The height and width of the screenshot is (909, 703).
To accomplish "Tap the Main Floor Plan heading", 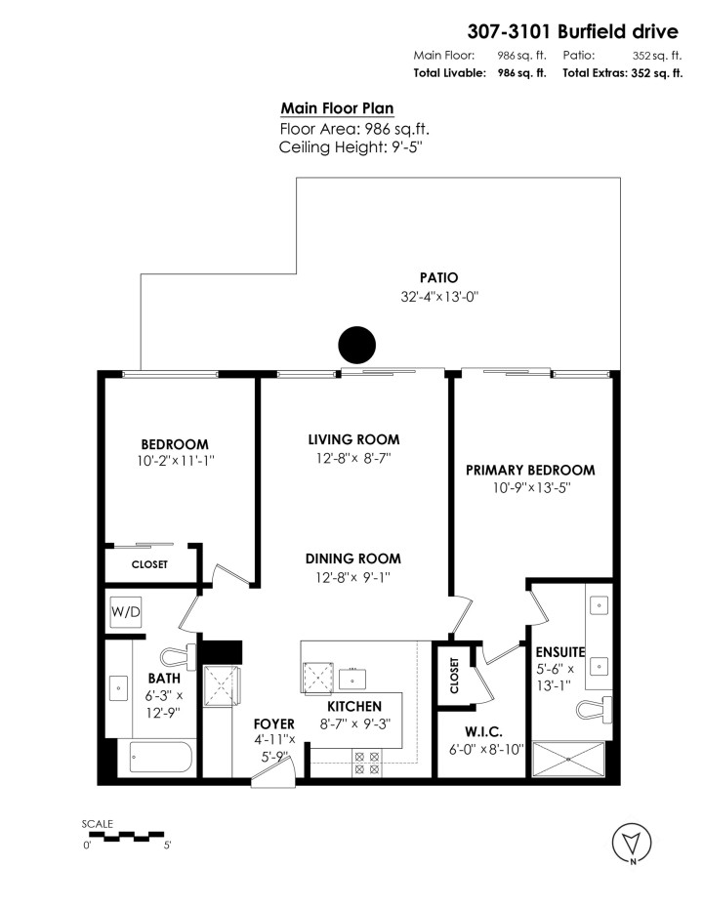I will tap(337, 108).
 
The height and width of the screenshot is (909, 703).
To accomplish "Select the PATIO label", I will tap(438, 277).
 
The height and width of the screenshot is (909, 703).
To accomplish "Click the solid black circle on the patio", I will tap(356, 345).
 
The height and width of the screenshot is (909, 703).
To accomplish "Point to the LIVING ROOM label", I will tap(353, 439).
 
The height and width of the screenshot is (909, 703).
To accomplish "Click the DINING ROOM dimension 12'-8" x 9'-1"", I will tap(353, 578).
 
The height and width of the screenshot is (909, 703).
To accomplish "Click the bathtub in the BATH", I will tap(160, 759).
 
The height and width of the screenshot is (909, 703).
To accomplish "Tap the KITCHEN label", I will tap(353, 706).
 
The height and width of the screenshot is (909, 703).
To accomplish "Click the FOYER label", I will tap(272, 723).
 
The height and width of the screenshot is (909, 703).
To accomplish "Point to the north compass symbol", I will tap(632, 843).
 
